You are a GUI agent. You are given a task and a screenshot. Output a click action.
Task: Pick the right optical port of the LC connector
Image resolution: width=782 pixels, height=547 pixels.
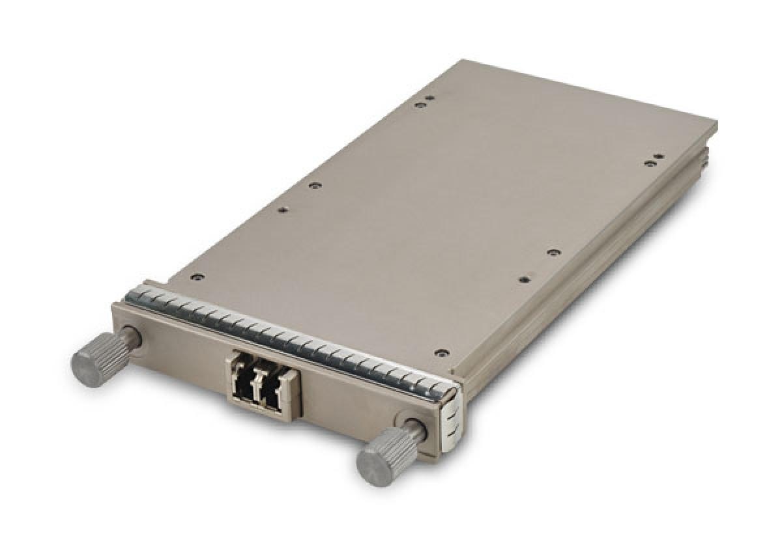[273, 389]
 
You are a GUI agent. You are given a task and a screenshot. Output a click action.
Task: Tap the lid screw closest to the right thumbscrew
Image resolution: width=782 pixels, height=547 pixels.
[442, 352]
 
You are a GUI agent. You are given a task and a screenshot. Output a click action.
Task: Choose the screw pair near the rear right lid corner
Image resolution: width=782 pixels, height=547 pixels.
[654, 160]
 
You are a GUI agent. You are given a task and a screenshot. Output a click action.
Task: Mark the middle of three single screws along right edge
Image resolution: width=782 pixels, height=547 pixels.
[553, 252]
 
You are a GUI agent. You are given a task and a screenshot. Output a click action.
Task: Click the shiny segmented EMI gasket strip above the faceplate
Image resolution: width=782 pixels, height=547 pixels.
[287, 335]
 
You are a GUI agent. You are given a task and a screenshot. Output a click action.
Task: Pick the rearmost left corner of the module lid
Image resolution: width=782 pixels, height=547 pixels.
[461, 61]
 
